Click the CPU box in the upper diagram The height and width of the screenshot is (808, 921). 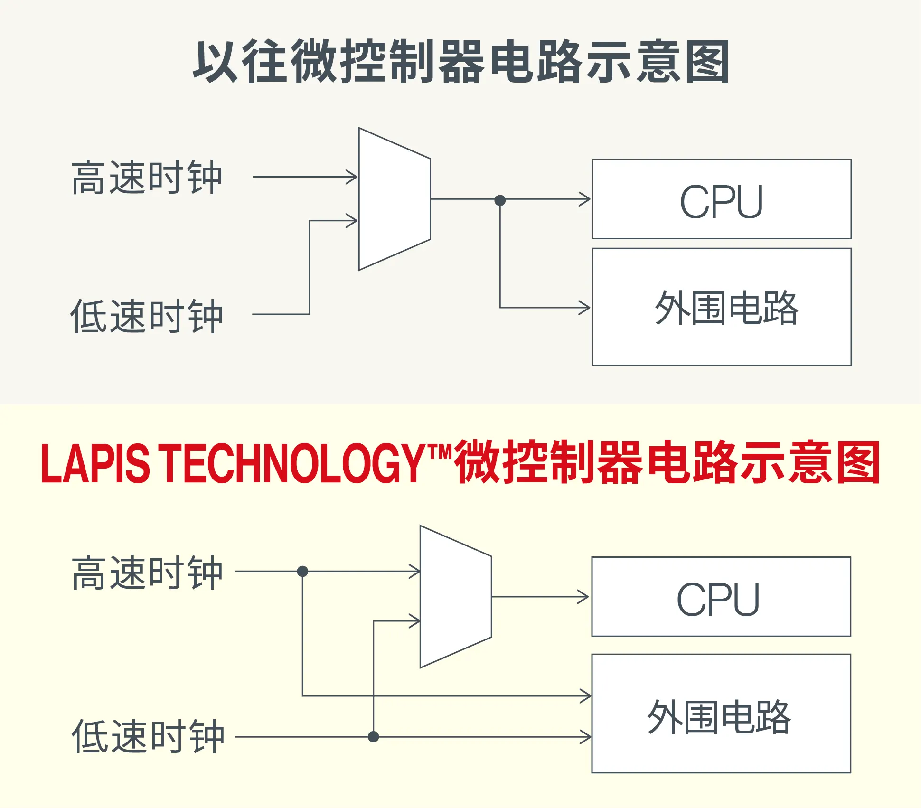(x=722, y=199)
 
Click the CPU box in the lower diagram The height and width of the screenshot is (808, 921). (x=721, y=596)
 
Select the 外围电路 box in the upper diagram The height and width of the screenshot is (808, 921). (x=722, y=307)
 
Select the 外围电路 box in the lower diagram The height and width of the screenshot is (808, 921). (x=721, y=714)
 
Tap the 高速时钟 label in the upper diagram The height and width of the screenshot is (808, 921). (x=147, y=178)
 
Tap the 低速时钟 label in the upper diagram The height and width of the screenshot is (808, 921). (x=147, y=316)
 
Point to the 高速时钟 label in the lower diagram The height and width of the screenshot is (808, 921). (x=147, y=573)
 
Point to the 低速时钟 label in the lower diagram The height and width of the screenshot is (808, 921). (x=148, y=736)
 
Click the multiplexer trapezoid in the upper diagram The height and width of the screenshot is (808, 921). (x=394, y=199)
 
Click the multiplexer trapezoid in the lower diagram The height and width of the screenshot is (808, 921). (x=455, y=597)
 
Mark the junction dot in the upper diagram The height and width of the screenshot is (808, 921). (x=500, y=200)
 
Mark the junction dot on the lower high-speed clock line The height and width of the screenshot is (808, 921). (x=302, y=571)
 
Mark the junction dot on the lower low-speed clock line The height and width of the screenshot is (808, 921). (x=374, y=737)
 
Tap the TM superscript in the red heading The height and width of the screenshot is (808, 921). (x=440, y=451)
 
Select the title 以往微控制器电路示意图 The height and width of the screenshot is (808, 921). (x=460, y=62)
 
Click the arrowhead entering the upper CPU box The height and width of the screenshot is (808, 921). (x=585, y=199)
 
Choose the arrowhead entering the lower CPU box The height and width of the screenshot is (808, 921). (x=583, y=597)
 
